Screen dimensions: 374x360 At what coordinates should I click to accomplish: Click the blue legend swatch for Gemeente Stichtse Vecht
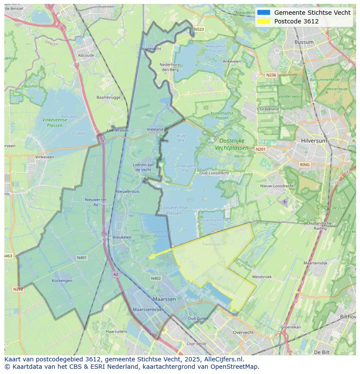[x=263, y=13]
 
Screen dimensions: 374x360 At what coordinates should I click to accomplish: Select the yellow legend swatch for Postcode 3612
[x=263, y=21]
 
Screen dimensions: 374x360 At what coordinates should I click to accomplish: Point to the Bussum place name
[x=303, y=42]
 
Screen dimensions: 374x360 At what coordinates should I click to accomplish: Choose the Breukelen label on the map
[x=122, y=237]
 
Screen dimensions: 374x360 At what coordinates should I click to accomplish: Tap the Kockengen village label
[x=62, y=281]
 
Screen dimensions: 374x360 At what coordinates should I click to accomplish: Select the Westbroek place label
[x=262, y=277]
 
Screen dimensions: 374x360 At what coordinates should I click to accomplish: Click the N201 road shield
[x=260, y=149]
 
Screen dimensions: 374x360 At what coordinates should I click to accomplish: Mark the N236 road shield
[x=271, y=75]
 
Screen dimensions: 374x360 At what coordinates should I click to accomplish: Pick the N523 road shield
[x=199, y=30]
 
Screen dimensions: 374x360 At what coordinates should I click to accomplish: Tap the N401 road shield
[x=82, y=258]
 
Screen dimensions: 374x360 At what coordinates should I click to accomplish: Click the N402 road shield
[x=156, y=278]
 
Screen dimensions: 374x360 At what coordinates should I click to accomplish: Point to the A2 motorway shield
[x=116, y=274]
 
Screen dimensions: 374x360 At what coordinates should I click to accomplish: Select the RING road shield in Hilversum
[x=305, y=165]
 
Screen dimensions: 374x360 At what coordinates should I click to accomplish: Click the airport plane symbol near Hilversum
[x=285, y=202]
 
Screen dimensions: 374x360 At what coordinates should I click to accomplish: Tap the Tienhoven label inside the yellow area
[x=212, y=244]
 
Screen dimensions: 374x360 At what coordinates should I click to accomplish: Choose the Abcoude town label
[x=86, y=56]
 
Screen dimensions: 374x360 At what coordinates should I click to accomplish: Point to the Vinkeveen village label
[x=45, y=157]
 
